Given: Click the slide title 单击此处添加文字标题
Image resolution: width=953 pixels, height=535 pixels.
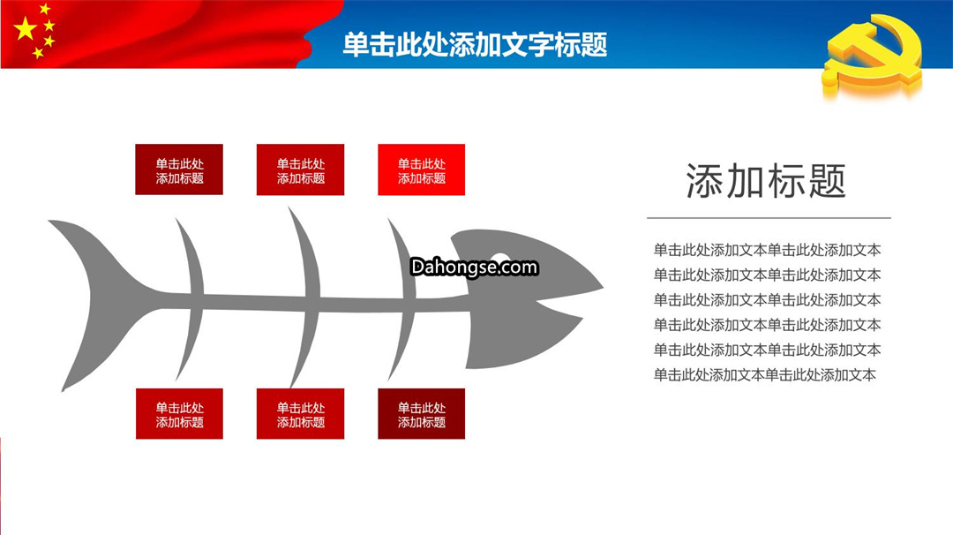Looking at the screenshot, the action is pyautogui.click(x=475, y=44).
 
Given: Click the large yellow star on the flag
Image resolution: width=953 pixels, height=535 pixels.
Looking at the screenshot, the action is pyautogui.click(x=25, y=28).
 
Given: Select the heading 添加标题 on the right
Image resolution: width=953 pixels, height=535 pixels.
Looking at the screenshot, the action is pyautogui.click(x=766, y=181).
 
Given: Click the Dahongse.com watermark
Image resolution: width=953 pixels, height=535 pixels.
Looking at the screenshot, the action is pyautogui.click(x=474, y=267).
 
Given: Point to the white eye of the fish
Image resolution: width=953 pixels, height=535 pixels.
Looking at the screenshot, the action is pyautogui.click(x=499, y=260).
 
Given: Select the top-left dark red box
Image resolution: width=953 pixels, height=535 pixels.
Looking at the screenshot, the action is pyautogui.click(x=178, y=170).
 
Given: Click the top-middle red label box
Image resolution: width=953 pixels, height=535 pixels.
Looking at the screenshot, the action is pyautogui.click(x=300, y=170).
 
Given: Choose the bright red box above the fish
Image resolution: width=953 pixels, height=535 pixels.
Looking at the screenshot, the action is pyautogui.click(x=421, y=170).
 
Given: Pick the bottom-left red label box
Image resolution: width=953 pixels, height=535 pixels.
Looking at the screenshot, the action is pyautogui.click(x=179, y=414).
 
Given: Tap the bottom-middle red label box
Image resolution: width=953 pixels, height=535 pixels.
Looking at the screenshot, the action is pyautogui.click(x=300, y=414).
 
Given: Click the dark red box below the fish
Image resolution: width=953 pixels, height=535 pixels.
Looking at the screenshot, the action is pyautogui.click(x=421, y=414).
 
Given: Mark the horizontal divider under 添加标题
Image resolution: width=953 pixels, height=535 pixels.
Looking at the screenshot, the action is pyautogui.click(x=769, y=218).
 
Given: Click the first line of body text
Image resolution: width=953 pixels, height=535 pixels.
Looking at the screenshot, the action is pyautogui.click(x=767, y=250).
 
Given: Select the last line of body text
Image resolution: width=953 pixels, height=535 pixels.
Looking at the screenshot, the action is pyautogui.click(x=764, y=375).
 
